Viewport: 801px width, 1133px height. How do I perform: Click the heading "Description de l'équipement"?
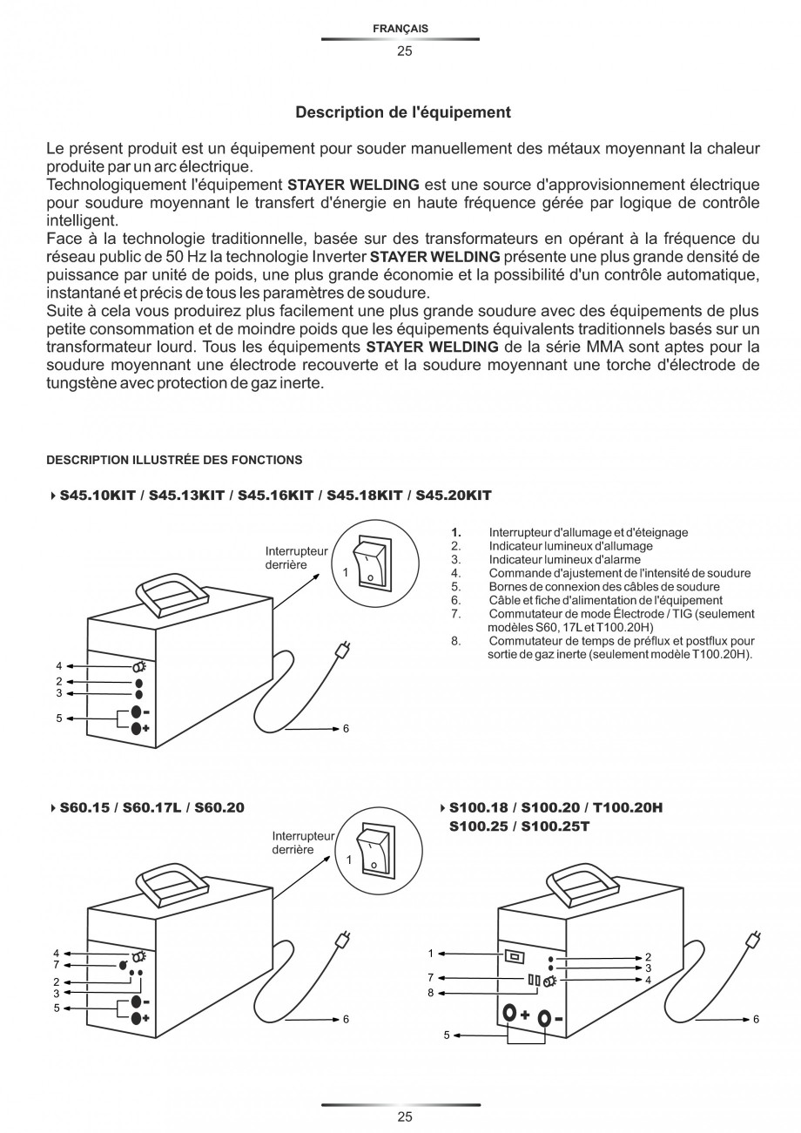[403, 112]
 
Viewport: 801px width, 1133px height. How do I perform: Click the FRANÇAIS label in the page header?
[400, 29]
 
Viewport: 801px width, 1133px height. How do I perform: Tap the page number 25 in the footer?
[404, 1116]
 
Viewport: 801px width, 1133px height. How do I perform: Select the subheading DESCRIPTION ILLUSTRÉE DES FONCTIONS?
[174, 460]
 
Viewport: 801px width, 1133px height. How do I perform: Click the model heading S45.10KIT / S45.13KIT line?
[275, 496]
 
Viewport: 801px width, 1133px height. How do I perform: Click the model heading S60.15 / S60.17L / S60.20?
[151, 807]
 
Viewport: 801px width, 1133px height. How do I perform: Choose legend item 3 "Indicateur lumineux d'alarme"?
[564, 560]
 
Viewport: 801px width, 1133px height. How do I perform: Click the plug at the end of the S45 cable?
[342, 650]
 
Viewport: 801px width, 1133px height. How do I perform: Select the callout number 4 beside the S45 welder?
[59, 666]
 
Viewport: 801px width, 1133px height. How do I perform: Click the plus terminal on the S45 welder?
[137, 729]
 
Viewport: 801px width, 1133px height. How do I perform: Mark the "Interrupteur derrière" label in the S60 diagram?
[301, 842]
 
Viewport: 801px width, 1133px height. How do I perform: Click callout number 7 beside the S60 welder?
[57, 965]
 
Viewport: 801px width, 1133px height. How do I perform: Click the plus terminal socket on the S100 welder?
[508, 1014]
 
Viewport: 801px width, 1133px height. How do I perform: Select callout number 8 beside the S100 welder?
[430, 992]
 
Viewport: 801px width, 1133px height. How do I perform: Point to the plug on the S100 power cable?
[754, 941]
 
